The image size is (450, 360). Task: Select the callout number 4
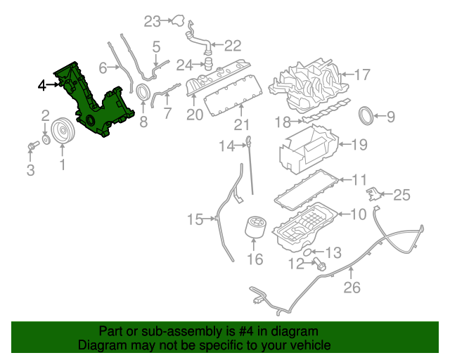click(x=43, y=85)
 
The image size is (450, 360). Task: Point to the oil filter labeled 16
click(x=255, y=231)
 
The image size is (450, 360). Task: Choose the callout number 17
click(x=362, y=75)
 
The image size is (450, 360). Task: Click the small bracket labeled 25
click(x=373, y=193)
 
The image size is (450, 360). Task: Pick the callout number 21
click(x=242, y=126)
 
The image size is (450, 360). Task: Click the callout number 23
click(x=153, y=21)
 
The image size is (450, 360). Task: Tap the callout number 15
click(x=195, y=220)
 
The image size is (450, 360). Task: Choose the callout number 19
click(x=359, y=145)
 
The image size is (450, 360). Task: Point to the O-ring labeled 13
click(x=307, y=250)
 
